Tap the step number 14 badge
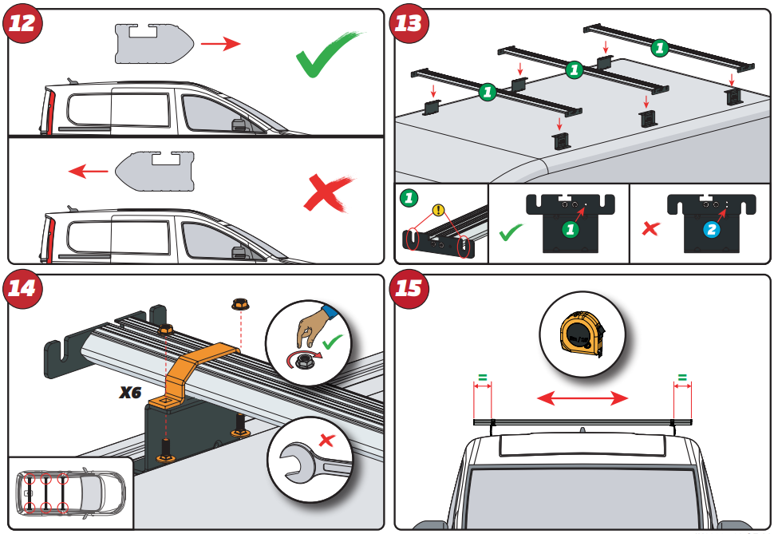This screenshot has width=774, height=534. click(22, 288)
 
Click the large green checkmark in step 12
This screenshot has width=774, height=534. click(327, 56)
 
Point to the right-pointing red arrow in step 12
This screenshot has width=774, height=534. click(219, 44)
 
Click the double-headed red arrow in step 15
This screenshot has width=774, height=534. click(582, 397)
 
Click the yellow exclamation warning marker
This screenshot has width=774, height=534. click(437, 211)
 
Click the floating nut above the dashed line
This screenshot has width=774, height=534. click(238, 303)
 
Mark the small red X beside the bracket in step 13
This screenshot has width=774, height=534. click(651, 229)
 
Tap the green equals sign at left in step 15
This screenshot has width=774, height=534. click(482, 376)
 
